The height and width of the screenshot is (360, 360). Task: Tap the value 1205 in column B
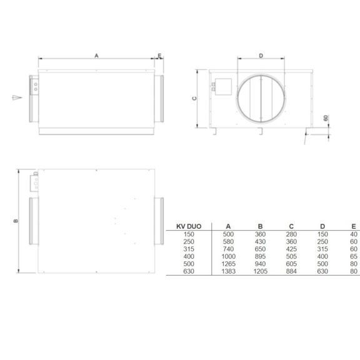click(x=259, y=271)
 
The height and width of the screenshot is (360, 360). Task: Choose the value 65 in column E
click(x=354, y=255)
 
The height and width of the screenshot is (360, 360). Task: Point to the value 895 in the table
click(x=259, y=255)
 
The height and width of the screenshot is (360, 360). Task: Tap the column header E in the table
click(x=354, y=227)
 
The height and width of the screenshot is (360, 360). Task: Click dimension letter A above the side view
click(x=96, y=56)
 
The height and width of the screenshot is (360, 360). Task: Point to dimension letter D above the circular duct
click(x=261, y=56)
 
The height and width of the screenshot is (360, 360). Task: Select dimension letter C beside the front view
click(x=194, y=98)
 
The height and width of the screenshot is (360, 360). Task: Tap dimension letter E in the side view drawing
click(x=159, y=56)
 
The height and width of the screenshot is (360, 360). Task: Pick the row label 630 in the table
click(x=180, y=271)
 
